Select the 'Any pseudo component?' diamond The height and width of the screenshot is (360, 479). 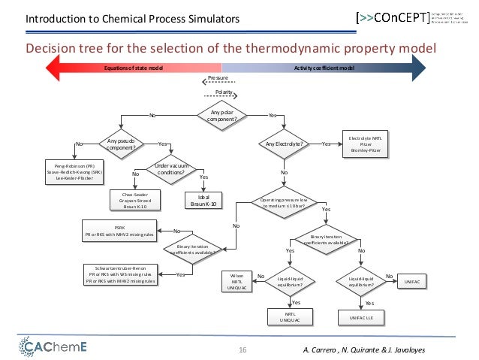pyautogui.click(x=121, y=144)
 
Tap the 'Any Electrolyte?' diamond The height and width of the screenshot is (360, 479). pyautogui.click(x=284, y=144)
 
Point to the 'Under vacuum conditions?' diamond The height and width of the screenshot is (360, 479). pyautogui.click(x=170, y=171)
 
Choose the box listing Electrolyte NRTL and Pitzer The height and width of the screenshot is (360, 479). pyautogui.click(x=365, y=144)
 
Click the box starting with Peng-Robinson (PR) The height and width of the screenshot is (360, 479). pyautogui.click(x=74, y=171)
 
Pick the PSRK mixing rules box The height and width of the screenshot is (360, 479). pyautogui.click(x=119, y=231)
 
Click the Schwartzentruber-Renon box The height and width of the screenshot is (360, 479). pyautogui.click(x=120, y=275)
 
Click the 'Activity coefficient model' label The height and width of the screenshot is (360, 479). pyautogui.click(x=324, y=68)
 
